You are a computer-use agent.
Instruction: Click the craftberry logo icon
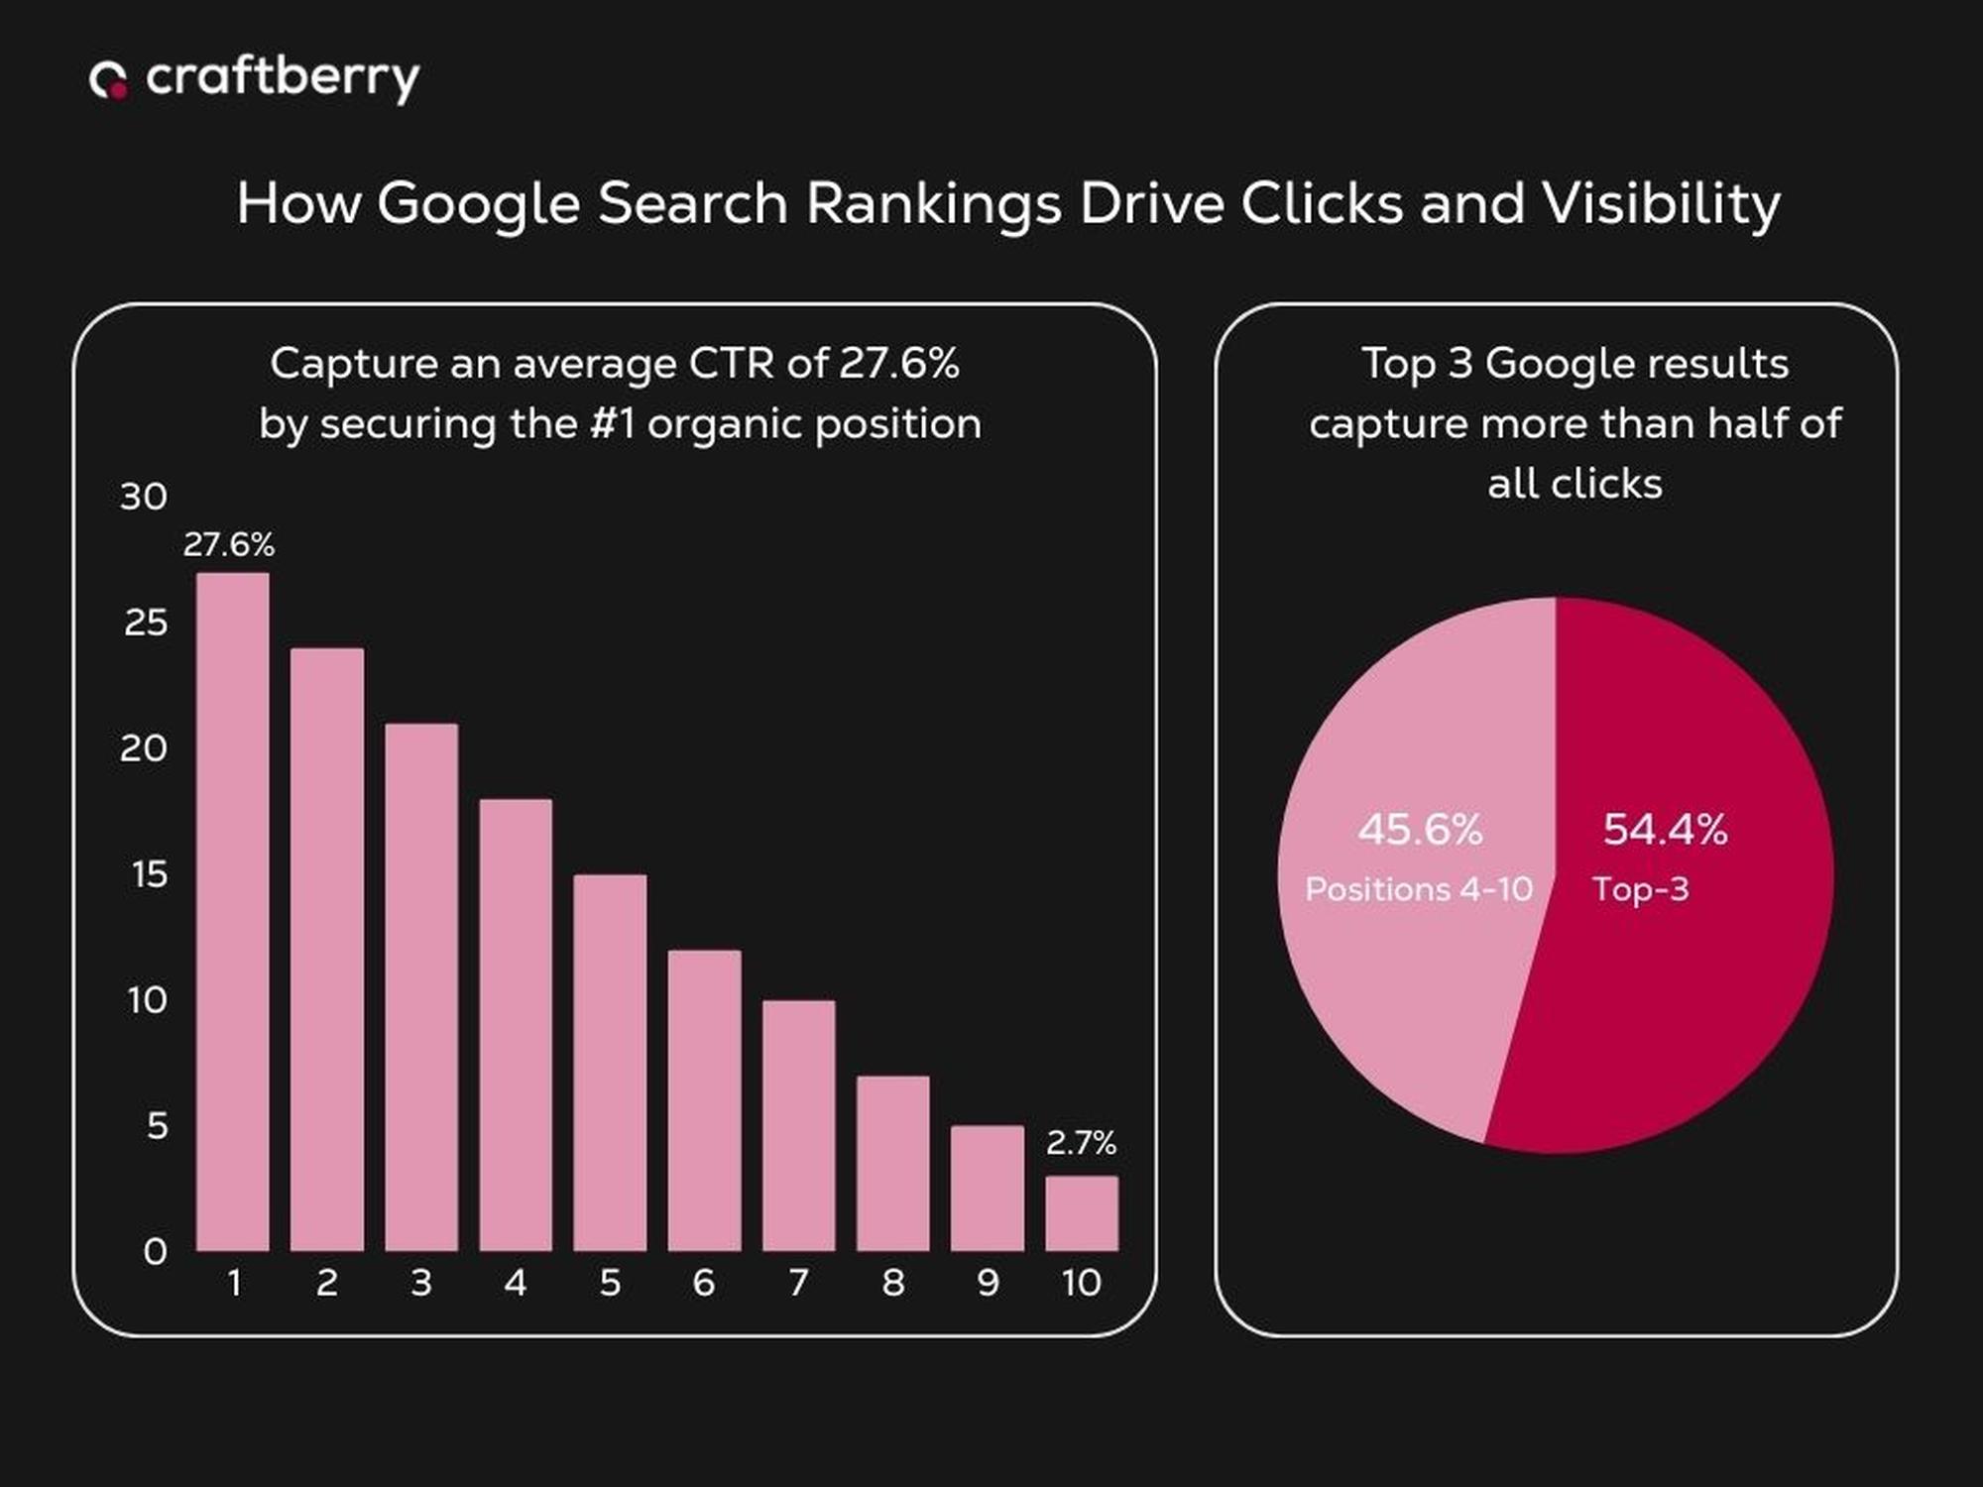[108, 80]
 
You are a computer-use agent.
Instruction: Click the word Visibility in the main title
[1660, 204]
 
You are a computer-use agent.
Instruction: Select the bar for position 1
[233, 912]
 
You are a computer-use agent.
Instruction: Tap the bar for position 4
[516, 1025]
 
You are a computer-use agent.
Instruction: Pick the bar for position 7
[798, 1125]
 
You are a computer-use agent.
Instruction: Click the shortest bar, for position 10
[1081, 1213]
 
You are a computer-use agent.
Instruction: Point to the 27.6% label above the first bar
[229, 544]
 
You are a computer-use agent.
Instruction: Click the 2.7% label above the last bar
[1081, 1143]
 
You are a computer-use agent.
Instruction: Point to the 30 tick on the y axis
[144, 497]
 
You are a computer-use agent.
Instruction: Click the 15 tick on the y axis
[150, 874]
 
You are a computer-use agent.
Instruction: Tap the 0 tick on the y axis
[155, 1251]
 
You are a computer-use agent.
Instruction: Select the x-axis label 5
[610, 1283]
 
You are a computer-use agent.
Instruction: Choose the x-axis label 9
[988, 1283]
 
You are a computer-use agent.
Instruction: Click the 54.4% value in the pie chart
[1665, 830]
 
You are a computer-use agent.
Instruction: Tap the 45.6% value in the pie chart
[1420, 830]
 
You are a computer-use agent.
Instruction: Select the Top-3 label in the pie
[1640, 889]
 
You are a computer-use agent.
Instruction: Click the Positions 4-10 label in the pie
[1419, 889]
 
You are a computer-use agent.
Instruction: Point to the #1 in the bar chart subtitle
[611, 424]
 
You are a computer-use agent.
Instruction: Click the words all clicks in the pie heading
[1575, 484]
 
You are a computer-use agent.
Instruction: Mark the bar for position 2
[327, 950]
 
